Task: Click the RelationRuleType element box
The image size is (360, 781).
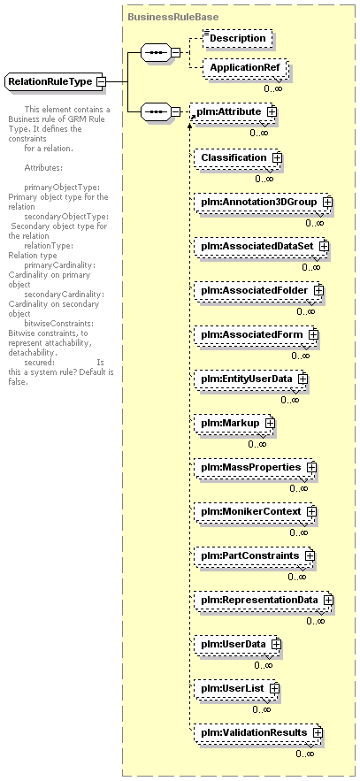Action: coord(55,81)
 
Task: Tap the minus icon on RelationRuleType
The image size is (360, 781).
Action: coord(101,81)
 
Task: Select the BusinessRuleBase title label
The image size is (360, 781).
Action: coord(172,17)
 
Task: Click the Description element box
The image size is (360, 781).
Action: coord(238,38)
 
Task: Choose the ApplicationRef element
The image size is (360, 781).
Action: coord(244,67)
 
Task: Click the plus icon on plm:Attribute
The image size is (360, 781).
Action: coord(272,112)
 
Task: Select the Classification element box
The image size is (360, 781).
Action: coord(237,158)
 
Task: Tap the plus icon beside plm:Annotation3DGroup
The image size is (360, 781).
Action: coord(327,203)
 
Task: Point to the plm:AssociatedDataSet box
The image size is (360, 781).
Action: coord(262,246)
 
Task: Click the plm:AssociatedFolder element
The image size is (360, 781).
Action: coord(259,290)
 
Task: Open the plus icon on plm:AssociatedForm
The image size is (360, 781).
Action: coord(313,334)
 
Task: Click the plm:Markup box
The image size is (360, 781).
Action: coord(234,423)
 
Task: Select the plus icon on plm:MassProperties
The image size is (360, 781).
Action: coord(311,468)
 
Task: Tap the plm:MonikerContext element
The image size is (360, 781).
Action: coord(256,511)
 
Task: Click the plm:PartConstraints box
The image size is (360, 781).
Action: coord(255,555)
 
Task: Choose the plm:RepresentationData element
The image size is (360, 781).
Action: coord(264,600)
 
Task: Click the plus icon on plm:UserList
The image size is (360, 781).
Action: coord(274,688)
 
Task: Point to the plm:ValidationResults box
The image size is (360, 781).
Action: coord(258,732)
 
